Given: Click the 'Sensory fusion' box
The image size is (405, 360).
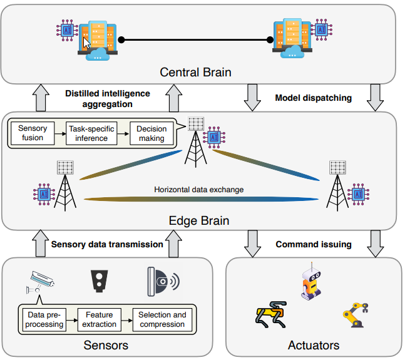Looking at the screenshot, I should click(x=33, y=133).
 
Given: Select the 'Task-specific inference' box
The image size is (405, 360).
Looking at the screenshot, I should click(x=92, y=133).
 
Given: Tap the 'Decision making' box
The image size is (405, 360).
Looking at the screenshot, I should click(x=151, y=133).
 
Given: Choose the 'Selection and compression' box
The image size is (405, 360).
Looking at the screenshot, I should click(x=161, y=319).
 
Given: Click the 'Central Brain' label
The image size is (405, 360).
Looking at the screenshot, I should click(x=195, y=73).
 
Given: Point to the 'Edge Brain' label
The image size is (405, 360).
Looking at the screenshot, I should click(x=199, y=220).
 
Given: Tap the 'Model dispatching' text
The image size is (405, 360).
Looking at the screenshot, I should click(x=314, y=98).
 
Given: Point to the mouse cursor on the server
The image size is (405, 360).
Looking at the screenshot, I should click(x=86, y=43).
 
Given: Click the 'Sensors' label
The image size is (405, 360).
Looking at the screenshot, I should click(x=106, y=345).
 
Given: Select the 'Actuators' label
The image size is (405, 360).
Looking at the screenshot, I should click(x=313, y=345).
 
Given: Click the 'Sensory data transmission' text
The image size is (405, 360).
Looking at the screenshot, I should click(x=107, y=244).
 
